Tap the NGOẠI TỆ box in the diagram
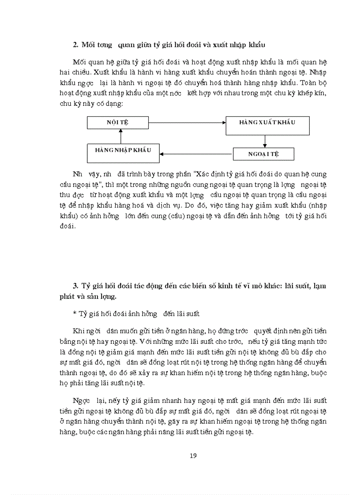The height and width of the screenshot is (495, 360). tap(263, 154)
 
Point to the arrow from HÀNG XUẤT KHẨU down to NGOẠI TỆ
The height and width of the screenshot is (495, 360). tap(264, 141)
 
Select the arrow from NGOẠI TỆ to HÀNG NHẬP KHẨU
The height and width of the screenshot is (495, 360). tap(196, 154)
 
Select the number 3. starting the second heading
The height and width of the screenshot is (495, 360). tap(75, 286)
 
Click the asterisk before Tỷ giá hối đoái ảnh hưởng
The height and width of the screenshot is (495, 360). tap(75, 313)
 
